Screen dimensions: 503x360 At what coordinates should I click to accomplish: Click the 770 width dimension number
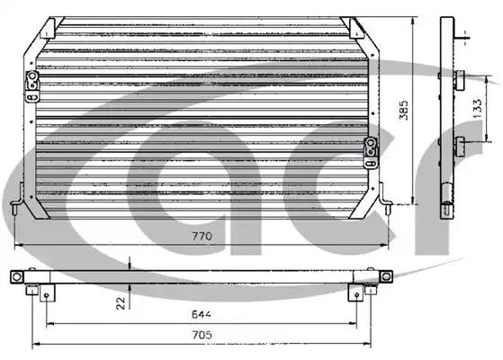click(x=202, y=236)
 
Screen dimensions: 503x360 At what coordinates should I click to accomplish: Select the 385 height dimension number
click(x=403, y=110)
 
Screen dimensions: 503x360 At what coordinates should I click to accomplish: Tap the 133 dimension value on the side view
click(x=477, y=108)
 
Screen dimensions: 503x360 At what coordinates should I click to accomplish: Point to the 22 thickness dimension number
click(x=121, y=303)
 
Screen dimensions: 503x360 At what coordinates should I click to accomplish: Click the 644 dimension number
click(x=202, y=314)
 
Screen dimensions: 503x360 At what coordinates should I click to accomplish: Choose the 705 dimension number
click(x=202, y=335)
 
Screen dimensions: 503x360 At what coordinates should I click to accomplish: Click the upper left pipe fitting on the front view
click(x=32, y=86)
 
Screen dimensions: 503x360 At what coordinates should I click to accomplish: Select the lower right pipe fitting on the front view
click(x=371, y=152)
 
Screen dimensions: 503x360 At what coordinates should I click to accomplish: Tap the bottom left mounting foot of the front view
click(x=17, y=200)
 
